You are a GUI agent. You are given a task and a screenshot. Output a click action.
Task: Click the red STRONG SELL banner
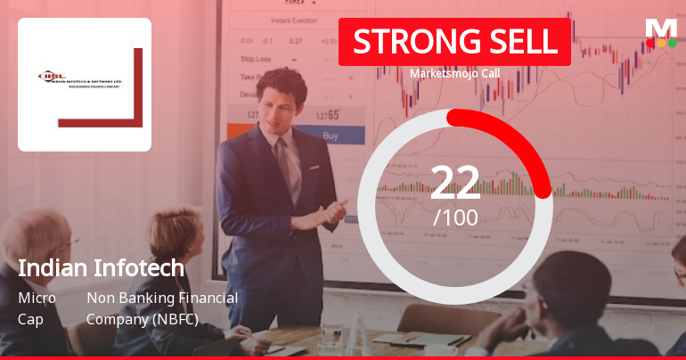pos(454,41)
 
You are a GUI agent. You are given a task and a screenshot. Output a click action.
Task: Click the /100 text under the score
pos(455,217)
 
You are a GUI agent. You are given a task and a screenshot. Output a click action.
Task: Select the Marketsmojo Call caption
pos(454,73)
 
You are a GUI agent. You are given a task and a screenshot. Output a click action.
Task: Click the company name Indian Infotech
pos(101,268)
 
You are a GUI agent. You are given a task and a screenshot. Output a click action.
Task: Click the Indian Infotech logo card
pos(85,85)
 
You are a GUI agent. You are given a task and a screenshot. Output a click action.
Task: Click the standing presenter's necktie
pos(284,165)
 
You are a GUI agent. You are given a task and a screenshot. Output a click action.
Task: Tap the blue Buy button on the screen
pos(331,136)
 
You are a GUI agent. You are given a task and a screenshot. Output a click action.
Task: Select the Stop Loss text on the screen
pos(256,59)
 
